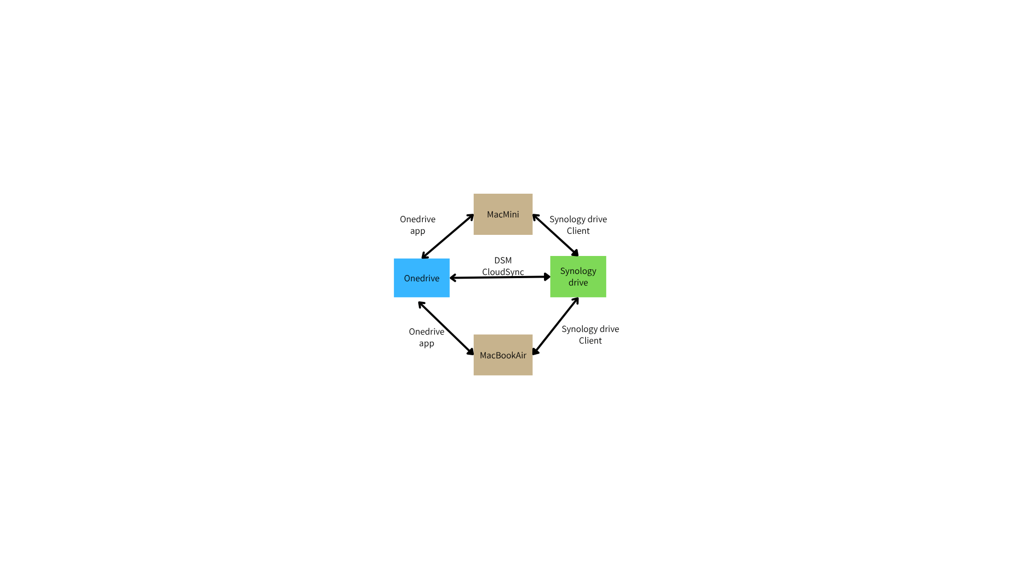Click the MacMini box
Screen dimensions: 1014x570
pos(503,214)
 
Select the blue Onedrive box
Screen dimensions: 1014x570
pos(421,278)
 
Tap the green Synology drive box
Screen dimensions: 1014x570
pos(578,277)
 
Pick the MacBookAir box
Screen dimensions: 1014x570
pos(503,355)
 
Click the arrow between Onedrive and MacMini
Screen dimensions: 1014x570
pos(448,236)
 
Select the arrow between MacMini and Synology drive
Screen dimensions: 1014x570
pos(556,235)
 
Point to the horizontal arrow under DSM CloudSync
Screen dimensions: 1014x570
pos(500,277)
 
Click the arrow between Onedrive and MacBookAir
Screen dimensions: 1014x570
pos(446,328)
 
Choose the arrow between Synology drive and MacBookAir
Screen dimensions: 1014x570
pos(556,326)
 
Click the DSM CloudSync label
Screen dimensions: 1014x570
pos(503,266)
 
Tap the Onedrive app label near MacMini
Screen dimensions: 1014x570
pos(418,225)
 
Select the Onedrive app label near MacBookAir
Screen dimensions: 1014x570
pos(427,337)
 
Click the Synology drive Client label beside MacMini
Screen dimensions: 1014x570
pos(578,225)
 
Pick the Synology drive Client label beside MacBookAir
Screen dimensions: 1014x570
pos(590,335)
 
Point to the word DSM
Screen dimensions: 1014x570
pos(503,260)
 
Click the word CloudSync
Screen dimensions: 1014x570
pos(503,272)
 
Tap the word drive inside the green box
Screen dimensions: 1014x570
pos(578,282)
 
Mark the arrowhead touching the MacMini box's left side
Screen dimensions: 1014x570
pos(470,217)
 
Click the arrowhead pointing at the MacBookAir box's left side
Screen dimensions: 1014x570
pos(470,351)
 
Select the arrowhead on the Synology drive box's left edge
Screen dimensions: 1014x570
pos(547,277)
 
